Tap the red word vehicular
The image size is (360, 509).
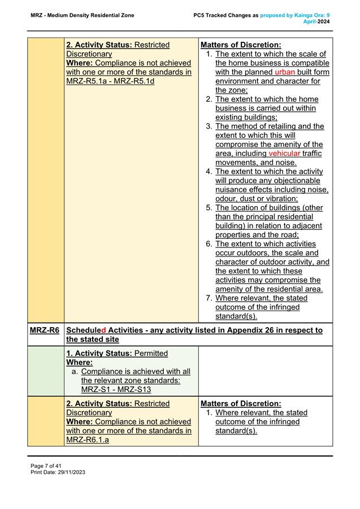[x=284, y=153]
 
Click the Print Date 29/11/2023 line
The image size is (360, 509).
[x=58, y=472]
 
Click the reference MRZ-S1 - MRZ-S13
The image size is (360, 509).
[x=117, y=389]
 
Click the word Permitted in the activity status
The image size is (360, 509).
[x=148, y=353]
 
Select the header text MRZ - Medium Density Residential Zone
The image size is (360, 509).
[x=83, y=15]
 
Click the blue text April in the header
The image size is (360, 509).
[x=310, y=21]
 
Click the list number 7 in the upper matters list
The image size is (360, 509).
[x=209, y=298]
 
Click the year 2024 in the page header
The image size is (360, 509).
[x=323, y=21]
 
